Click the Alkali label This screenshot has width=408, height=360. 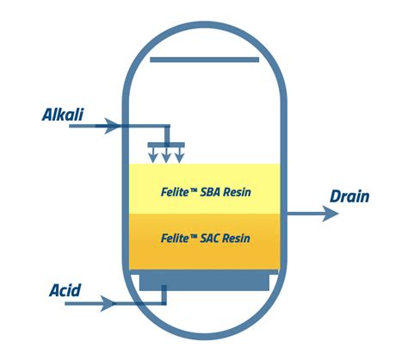(63, 115)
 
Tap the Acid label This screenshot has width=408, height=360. (65, 290)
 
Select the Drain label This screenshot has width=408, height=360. (349, 196)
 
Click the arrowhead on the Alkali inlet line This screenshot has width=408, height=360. (111, 126)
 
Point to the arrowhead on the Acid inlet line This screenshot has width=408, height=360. (108, 303)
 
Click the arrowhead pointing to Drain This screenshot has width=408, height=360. (331, 214)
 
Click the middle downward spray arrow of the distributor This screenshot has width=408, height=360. (166, 155)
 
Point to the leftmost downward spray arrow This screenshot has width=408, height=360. (153, 155)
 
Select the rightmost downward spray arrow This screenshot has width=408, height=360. (179, 155)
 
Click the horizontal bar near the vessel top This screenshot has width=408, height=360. (205, 59)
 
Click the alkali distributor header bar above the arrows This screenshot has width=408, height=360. (166, 145)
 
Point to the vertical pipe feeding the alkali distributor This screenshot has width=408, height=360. (167, 135)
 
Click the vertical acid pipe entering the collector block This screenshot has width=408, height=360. (164, 295)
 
